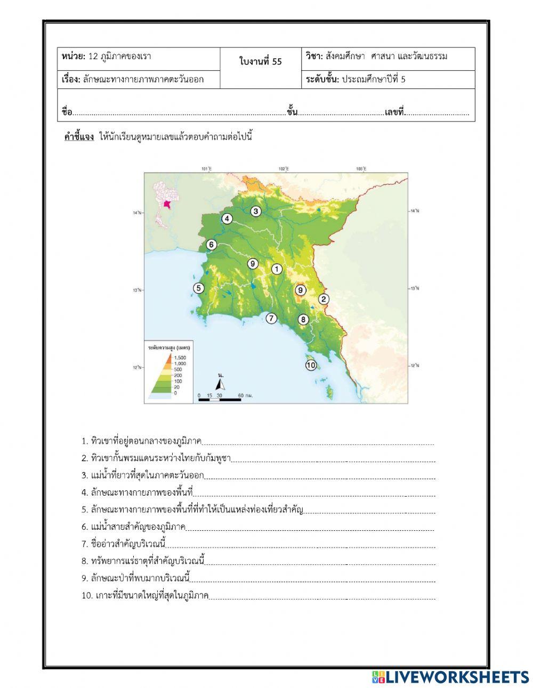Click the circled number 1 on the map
point(277,269)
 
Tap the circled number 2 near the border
point(323,299)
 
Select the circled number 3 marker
point(256,211)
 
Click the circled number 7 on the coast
point(271,319)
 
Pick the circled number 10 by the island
point(311,365)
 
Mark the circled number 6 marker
point(211,245)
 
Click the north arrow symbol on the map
point(220,383)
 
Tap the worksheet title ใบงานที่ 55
point(261,62)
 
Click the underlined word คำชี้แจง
point(79,137)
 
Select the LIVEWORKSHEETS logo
point(450,677)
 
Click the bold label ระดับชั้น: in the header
point(322,80)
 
